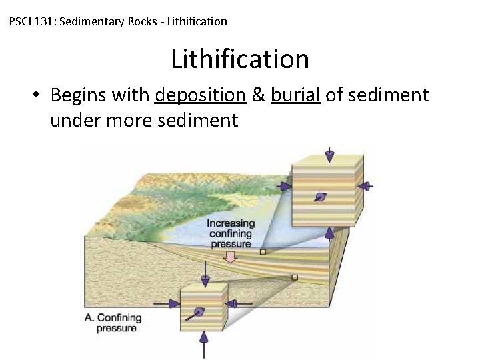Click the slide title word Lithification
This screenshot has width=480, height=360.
click(x=240, y=59)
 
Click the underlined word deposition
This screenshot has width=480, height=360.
click(x=200, y=95)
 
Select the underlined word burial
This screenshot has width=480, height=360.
click(x=296, y=95)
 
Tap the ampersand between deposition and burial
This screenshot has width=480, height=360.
click(x=259, y=95)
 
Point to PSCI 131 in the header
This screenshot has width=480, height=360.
click(x=33, y=21)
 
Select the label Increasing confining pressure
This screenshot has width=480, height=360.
click(x=231, y=233)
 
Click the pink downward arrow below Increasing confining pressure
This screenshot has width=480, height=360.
click(x=230, y=257)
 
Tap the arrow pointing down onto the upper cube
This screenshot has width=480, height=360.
click(x=329, y=155)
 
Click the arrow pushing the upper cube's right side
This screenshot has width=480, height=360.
click(x=367, y=185)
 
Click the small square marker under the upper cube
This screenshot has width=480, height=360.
click(x=263, y=252)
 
